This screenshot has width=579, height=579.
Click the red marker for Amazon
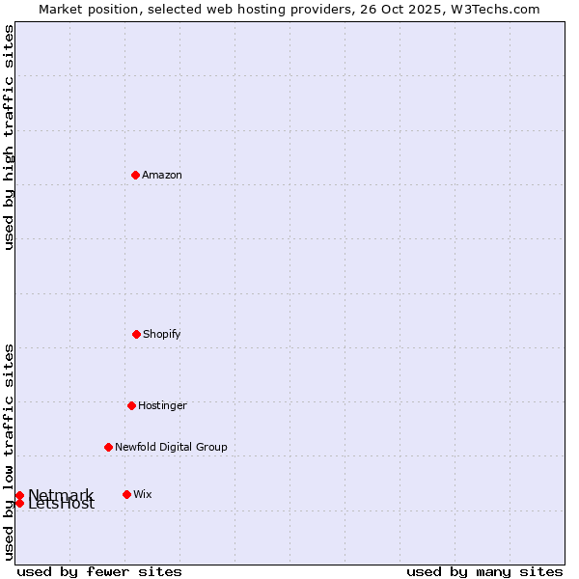(135, 175)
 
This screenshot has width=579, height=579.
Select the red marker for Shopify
(136, 334)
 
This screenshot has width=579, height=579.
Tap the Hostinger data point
(131, 405)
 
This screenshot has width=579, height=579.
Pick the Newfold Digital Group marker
(108, 447)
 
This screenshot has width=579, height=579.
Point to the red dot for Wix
(126, 494)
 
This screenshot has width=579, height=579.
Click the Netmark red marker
(19, 495)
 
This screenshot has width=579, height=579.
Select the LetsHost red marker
(19, 503)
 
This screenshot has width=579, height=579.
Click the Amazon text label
(162, 175)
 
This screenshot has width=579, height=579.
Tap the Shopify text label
(162, 334)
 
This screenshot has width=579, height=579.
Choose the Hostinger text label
(162, 405)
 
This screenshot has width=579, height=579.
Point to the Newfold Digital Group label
(171, 447)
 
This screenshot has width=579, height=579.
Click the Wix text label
(142, 494)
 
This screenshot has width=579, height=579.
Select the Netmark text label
(60, 494)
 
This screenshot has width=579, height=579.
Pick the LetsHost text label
(62, 505)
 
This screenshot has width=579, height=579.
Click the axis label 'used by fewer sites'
(99, 571)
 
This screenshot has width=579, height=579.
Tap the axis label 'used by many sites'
(484, 571)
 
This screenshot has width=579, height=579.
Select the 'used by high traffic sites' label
(9, 137)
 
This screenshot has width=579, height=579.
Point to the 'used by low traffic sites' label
(9, 452)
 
